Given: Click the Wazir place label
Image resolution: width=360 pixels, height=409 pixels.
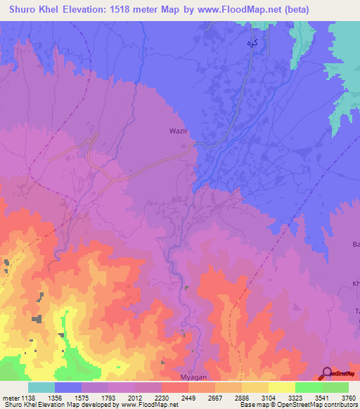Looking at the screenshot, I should [x=180, y=131].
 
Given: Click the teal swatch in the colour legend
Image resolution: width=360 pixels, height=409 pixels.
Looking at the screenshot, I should [x=41, y=387].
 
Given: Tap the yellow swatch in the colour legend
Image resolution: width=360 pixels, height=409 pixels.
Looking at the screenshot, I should [x=281, y=387].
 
